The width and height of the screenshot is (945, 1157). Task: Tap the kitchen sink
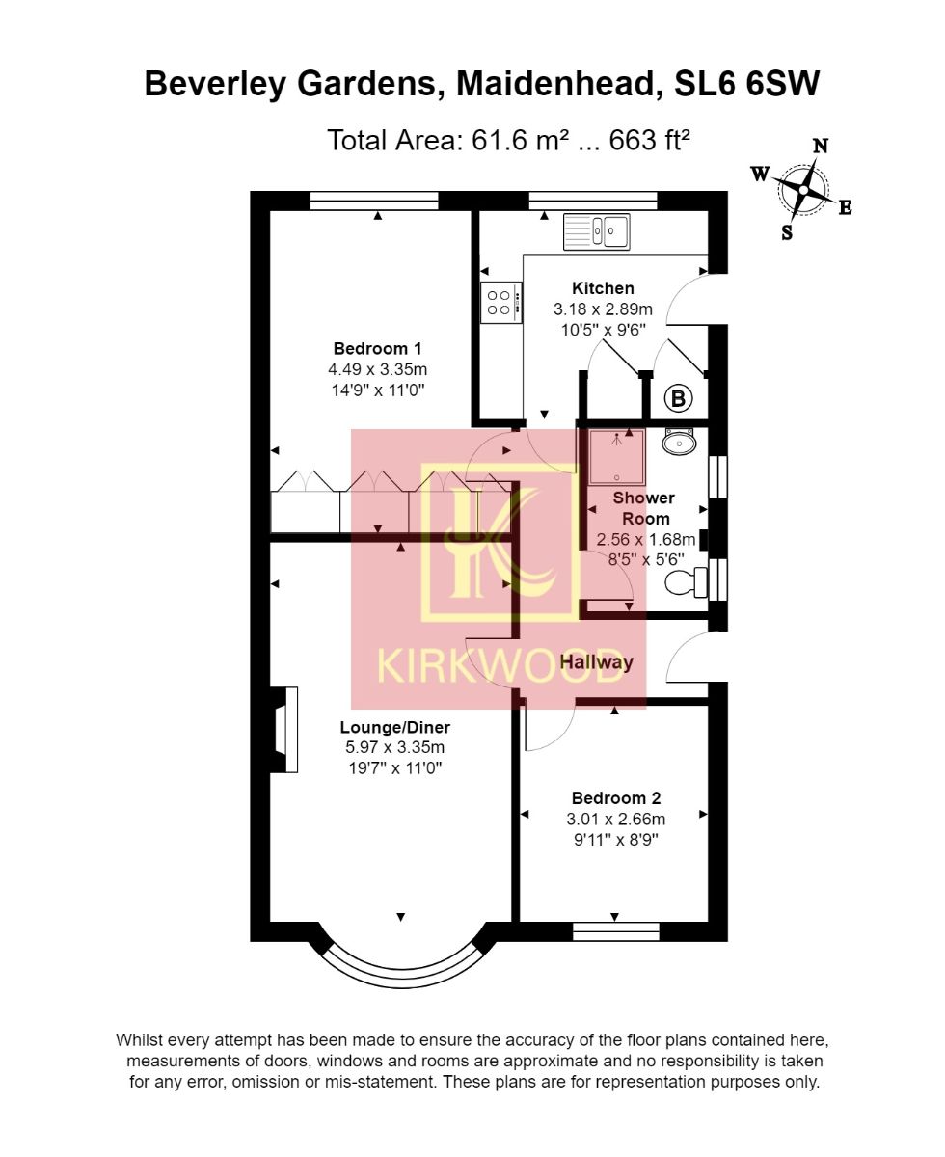[x=597, y=231]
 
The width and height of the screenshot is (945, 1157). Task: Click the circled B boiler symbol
[x=679, y=397]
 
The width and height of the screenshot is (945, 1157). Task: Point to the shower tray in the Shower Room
[x=615, y=456]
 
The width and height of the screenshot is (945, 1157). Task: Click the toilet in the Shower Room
[x=688, y=580]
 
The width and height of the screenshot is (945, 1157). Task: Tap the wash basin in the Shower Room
[x=681, y=443]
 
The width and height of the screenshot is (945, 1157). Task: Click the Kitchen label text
[x=603, y=288]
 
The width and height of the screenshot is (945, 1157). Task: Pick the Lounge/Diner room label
[x=394, y=727]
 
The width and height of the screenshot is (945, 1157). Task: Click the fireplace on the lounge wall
[x=281, y=729]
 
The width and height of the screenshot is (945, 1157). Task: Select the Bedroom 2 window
[x=615, y=931]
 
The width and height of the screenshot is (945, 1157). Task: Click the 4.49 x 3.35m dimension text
[x=377, y=369]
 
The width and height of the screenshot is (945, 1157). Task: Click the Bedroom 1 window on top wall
[x=374, y=201]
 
